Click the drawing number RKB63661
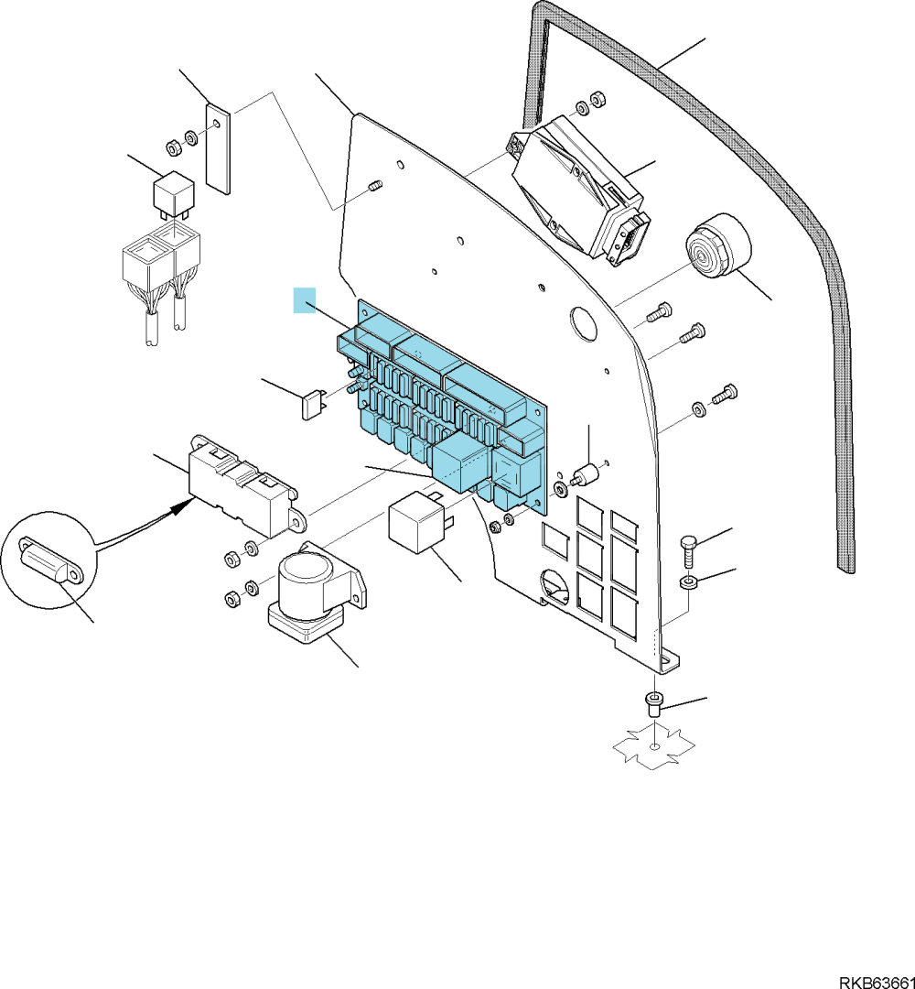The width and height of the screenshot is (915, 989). [x=876, y=983]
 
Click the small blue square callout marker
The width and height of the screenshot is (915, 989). [x=305, y=300]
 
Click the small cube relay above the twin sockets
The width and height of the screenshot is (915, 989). [x=173, y=191]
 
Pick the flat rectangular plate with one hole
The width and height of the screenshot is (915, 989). [x=218, y=149]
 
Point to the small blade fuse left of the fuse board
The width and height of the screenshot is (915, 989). [x=313, y=405]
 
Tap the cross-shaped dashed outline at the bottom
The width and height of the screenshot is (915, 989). [x=655, y=746]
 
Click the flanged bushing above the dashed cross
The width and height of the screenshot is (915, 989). [x=655, y=704]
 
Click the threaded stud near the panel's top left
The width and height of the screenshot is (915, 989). [x=375, y=188]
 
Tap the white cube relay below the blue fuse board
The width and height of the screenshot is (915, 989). [x=418, y=522]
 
